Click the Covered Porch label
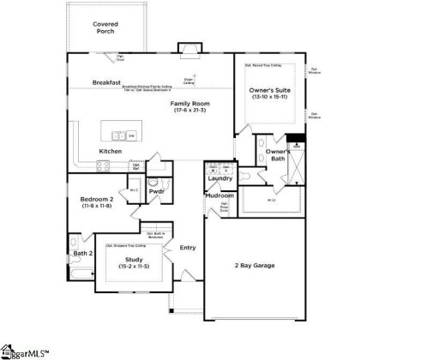[x=105, y=28]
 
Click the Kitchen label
[x=110, y=152]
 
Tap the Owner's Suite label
[x=267, y=90]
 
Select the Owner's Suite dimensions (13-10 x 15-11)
[x=267, y=97]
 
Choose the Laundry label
[x=220, y=178]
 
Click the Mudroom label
[x=219, y=196]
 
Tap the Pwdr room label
[x=156, y=192]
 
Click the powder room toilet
[x=152, y=182]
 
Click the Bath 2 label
[x=81, y=254]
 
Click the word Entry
[x=188, y=248]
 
